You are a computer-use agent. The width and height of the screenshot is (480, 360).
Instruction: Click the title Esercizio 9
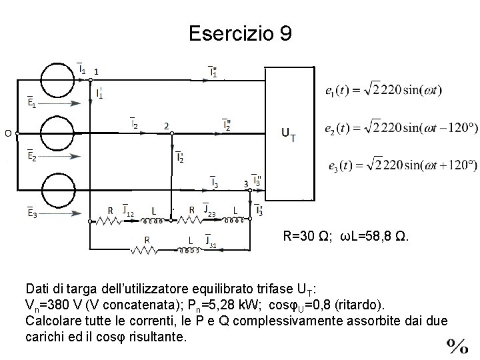(x=240, y=33)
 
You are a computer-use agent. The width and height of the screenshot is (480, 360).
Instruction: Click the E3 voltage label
(x=31, y=213)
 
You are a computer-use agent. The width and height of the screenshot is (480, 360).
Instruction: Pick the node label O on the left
(x=8, y=133)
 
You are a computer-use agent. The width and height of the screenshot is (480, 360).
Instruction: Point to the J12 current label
(x=128, y=211)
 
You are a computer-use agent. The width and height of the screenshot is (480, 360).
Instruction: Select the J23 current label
(x=209, y=211)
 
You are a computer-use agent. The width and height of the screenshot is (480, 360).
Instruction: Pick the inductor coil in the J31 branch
(x=191, y=251)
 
